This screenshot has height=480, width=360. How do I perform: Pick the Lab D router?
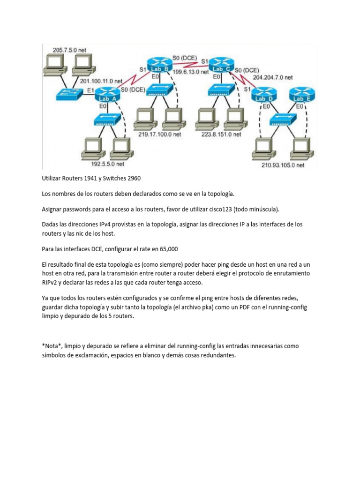click(x=265, y=96)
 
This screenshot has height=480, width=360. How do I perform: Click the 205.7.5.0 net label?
click(x=70, y=50)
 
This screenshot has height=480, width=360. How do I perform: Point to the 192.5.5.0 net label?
click(x=107, y=165)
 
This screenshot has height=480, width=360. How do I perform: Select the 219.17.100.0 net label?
click(x=160, y=134)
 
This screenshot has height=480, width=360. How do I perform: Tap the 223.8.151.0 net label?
click(x=221, y=134)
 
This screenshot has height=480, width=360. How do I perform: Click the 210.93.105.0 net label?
click(x=283, y=165)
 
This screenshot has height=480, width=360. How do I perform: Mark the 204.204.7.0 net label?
click(x=273, y=77)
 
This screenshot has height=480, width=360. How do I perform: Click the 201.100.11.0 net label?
click(x=101, y=81)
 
